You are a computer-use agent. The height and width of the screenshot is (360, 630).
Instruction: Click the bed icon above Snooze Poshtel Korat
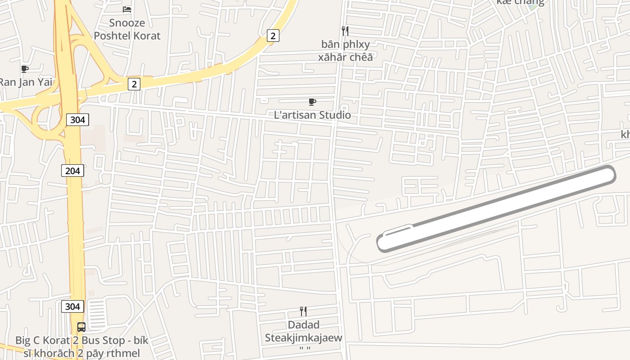click(x=127, y=9)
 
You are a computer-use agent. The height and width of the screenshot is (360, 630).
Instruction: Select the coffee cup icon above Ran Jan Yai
click(x=25, y=69)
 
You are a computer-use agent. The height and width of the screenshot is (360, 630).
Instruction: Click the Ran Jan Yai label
click(x=26, y=82)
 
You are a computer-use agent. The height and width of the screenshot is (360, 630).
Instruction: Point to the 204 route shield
click(x=72, y=171)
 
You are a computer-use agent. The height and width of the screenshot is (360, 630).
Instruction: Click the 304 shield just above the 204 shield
click(x=77, y=120)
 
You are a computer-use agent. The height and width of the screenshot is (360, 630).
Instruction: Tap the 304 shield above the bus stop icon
click(x=72, y=306)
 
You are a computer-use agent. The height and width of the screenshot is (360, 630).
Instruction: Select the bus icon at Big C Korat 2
click(x=81, y=327)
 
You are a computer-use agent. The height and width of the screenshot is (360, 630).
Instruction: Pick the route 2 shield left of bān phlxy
click(x=272, y=36)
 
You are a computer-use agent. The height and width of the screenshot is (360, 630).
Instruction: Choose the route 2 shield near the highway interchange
click(x=134, y=84)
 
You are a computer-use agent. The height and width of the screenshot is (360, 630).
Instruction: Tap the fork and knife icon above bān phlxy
click(x=345, y=31)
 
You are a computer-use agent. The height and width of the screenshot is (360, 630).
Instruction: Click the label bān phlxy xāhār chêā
click(x=345, y=50)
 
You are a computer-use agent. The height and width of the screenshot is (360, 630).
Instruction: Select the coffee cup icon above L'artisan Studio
click(x=312, y=102)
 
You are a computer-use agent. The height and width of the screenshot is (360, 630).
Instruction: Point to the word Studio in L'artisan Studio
click(x=333, y=115)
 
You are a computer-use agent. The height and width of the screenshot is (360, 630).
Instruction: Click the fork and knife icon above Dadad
click(x=303, y=311)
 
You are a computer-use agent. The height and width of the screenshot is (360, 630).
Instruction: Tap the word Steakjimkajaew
click(x=303, y=337)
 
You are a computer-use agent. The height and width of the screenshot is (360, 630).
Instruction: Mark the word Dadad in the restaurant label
click(x=303, y=325)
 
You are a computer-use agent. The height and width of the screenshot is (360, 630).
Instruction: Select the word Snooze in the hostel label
click(x=127, y=23)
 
